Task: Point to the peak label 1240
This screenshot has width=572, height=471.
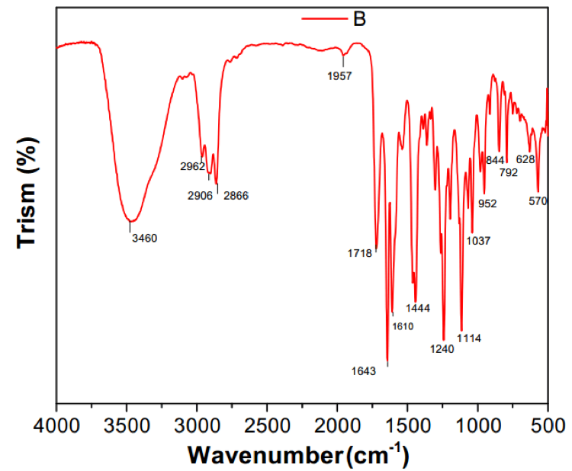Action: point(442,350)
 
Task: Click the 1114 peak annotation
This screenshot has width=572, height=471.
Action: point(469,338)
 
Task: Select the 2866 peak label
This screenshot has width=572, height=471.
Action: point(236,196)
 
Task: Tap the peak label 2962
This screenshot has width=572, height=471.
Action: point(194,166)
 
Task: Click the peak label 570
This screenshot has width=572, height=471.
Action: point(539,202)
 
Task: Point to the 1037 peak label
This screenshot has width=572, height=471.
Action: point(478,242)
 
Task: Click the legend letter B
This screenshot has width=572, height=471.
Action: point(360,19)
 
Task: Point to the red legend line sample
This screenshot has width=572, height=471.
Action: point(324,19)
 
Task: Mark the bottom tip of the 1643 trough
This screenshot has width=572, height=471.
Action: point(387,364)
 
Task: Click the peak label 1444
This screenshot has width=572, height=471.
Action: point(418,309)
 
